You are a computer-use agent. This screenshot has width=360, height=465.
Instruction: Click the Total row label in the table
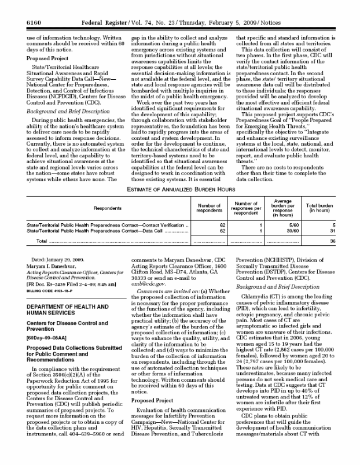[x=42, y=240]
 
